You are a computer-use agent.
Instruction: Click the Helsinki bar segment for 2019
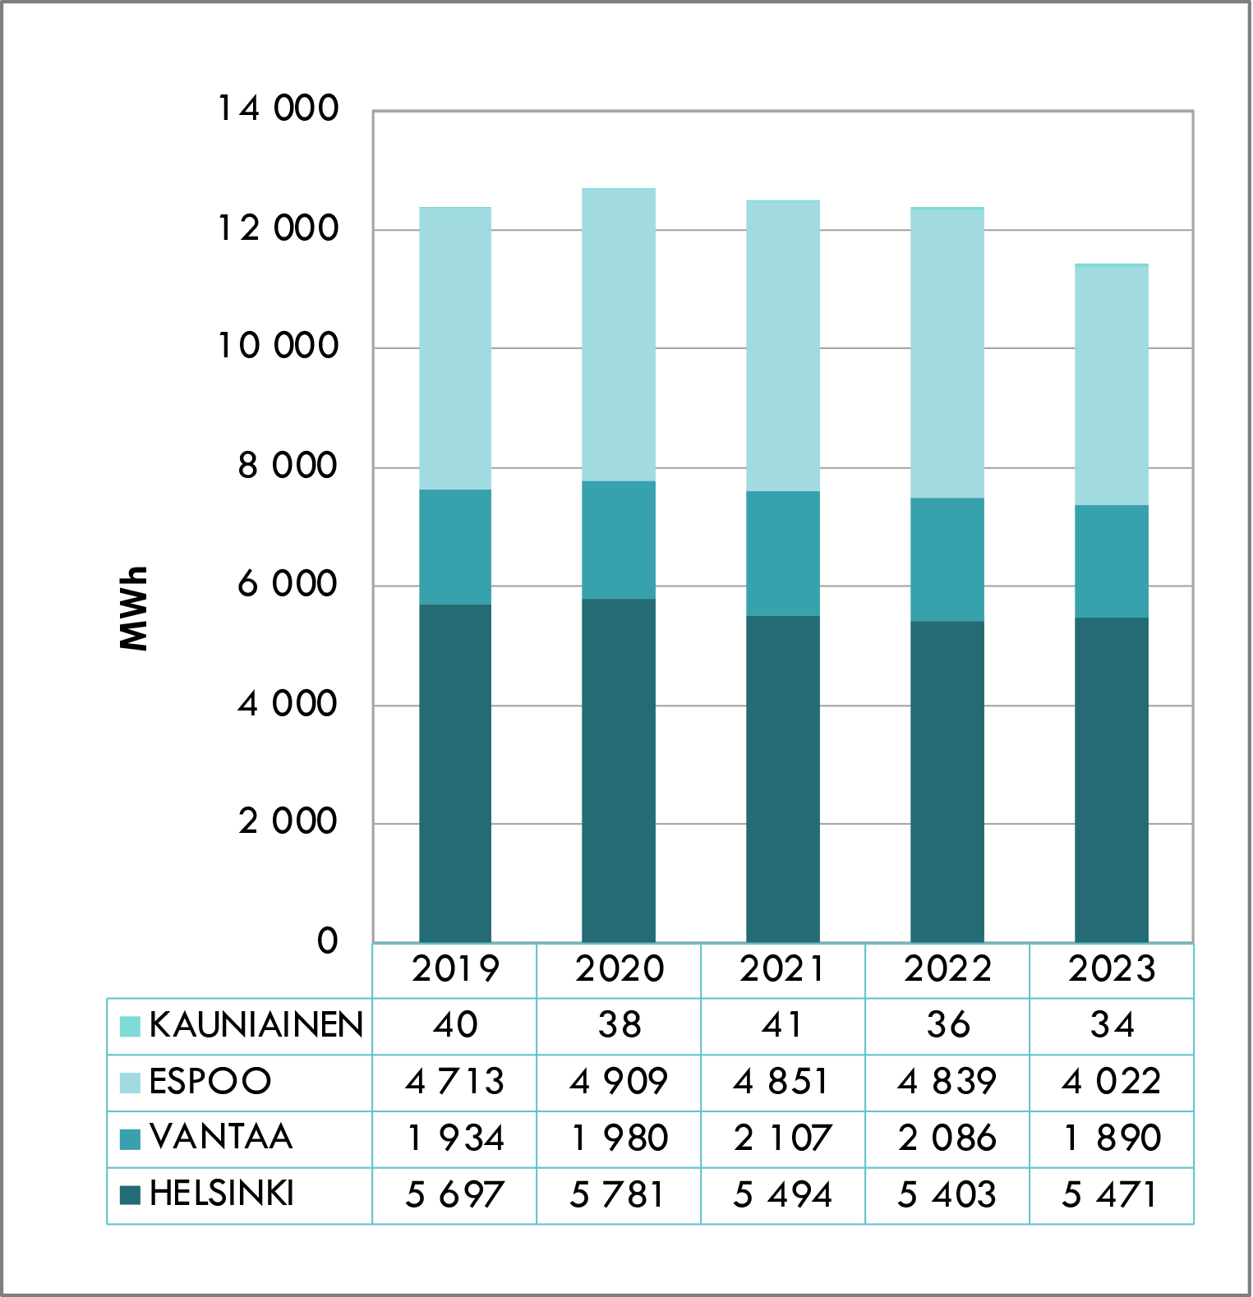(x=455, y=773)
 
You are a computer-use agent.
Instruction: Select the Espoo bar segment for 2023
(x=1111, y=385)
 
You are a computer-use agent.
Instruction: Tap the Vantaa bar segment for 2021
(x=782, y=553)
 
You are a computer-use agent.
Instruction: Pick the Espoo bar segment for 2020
(x=618, y=335)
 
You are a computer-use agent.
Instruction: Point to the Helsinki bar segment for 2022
(x=947, y=781)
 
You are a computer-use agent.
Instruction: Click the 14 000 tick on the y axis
(x=278, y=108)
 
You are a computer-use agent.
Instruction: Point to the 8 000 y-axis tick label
(x=288, y=466)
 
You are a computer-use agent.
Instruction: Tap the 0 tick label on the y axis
(x=327, y=941)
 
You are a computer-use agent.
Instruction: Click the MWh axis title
(x=133, y=609)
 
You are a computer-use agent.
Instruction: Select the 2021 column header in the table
(x=782, y=969)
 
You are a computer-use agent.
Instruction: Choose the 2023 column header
(x=1112, y=969)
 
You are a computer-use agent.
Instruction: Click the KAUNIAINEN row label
(x=256, y=1025)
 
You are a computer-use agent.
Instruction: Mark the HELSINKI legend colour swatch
(x=130, y=1194)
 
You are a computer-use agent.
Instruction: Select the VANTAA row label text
(x=221, y=1138)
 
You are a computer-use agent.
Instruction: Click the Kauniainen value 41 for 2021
(x=782, y=1025)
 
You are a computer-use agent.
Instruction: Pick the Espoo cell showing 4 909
(x=618, y=1082)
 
